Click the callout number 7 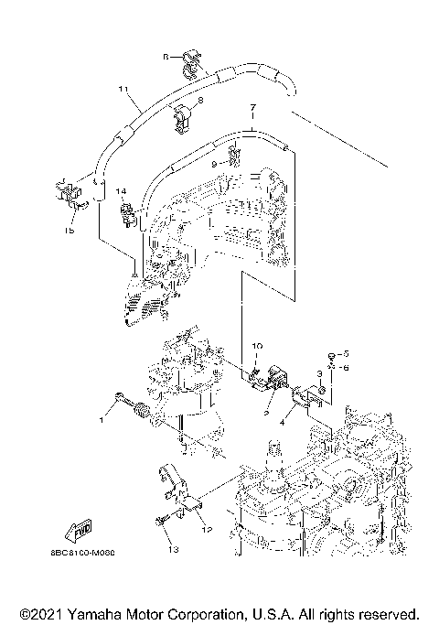[x=252, y=108]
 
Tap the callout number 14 [x=119, y=193]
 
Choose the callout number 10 [x=257, y=345]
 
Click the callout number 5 [x=347, y=352]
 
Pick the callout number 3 [x=319, y=373]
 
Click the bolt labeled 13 [x=162, y=521]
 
